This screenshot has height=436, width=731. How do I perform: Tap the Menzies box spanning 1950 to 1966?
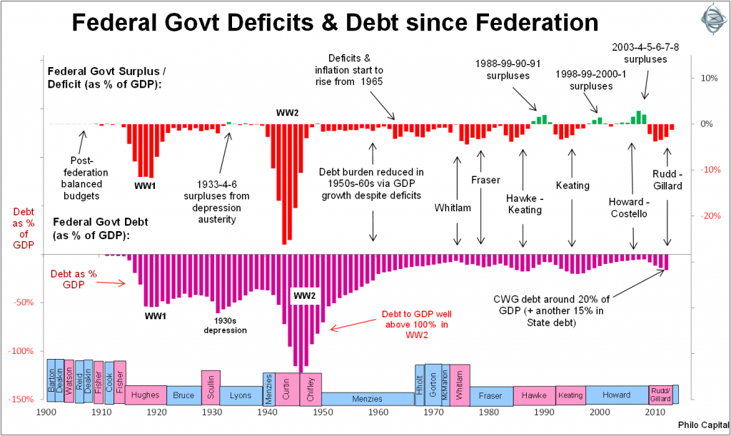click(368, 399)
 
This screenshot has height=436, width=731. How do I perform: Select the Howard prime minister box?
click(617, 395)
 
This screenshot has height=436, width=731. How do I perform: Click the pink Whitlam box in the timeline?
click(460, 385)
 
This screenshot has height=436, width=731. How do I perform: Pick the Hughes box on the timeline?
click(146, 395)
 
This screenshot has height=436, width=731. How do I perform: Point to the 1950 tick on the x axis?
click(323, 412)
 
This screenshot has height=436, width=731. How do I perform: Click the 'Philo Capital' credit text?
click(699, 426)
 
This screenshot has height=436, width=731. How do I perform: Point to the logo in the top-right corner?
click(707, 19)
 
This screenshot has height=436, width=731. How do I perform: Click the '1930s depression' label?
click(225, 325)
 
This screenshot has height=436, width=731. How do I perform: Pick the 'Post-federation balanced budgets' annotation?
click(89, 178)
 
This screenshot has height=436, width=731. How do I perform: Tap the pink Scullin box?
click(211, 386)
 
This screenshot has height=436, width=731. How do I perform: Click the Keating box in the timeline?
click(570, 395)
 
